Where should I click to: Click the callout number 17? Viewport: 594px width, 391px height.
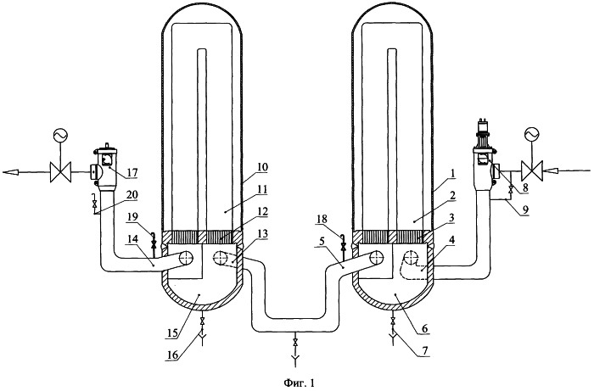132,173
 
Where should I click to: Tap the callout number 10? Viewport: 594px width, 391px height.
261,167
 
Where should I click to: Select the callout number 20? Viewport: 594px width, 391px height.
132,195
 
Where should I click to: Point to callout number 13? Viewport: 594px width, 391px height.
261,234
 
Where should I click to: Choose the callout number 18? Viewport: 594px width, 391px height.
324,220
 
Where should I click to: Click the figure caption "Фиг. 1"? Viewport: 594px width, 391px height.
299,383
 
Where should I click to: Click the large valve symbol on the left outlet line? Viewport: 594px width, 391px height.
61,172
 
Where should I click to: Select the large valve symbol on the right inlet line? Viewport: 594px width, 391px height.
532,171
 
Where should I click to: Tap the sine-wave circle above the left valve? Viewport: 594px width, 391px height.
61,134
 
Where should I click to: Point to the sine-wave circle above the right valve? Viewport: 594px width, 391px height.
531,134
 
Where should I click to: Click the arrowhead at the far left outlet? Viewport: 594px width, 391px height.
10,172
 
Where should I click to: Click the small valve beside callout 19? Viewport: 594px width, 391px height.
154,244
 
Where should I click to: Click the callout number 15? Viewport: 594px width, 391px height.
171,333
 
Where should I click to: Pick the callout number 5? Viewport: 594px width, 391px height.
320,251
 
